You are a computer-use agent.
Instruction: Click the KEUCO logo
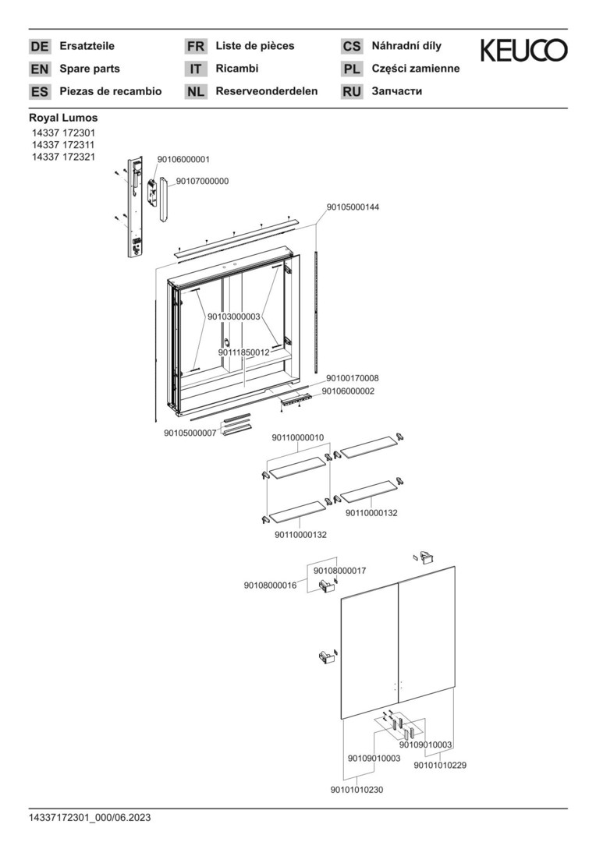[523, 51]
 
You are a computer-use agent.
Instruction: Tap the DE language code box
[39, 47]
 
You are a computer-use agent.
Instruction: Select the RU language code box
[352, 92]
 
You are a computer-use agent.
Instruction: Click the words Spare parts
[90, 69]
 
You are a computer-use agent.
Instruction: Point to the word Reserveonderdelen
[267, 91]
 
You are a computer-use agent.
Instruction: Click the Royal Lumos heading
[63, 118]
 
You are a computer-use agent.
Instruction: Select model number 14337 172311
[63, 145]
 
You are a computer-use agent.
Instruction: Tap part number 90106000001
[183, 159]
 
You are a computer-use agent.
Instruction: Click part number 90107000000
[202, 181]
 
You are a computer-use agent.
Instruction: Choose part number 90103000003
[233, 317]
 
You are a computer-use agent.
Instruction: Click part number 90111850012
[243, 352]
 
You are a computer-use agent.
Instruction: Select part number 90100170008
[353, 379]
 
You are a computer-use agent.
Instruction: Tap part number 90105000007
[190, 433]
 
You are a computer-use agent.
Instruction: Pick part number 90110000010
[298, 438]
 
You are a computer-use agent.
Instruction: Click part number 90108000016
[270, 586]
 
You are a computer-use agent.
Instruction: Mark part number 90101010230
[357, 791]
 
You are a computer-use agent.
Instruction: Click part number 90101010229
[440, 765]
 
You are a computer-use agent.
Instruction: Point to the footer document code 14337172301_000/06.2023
[90, 818]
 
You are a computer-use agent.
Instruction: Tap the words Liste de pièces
[255, 46]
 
